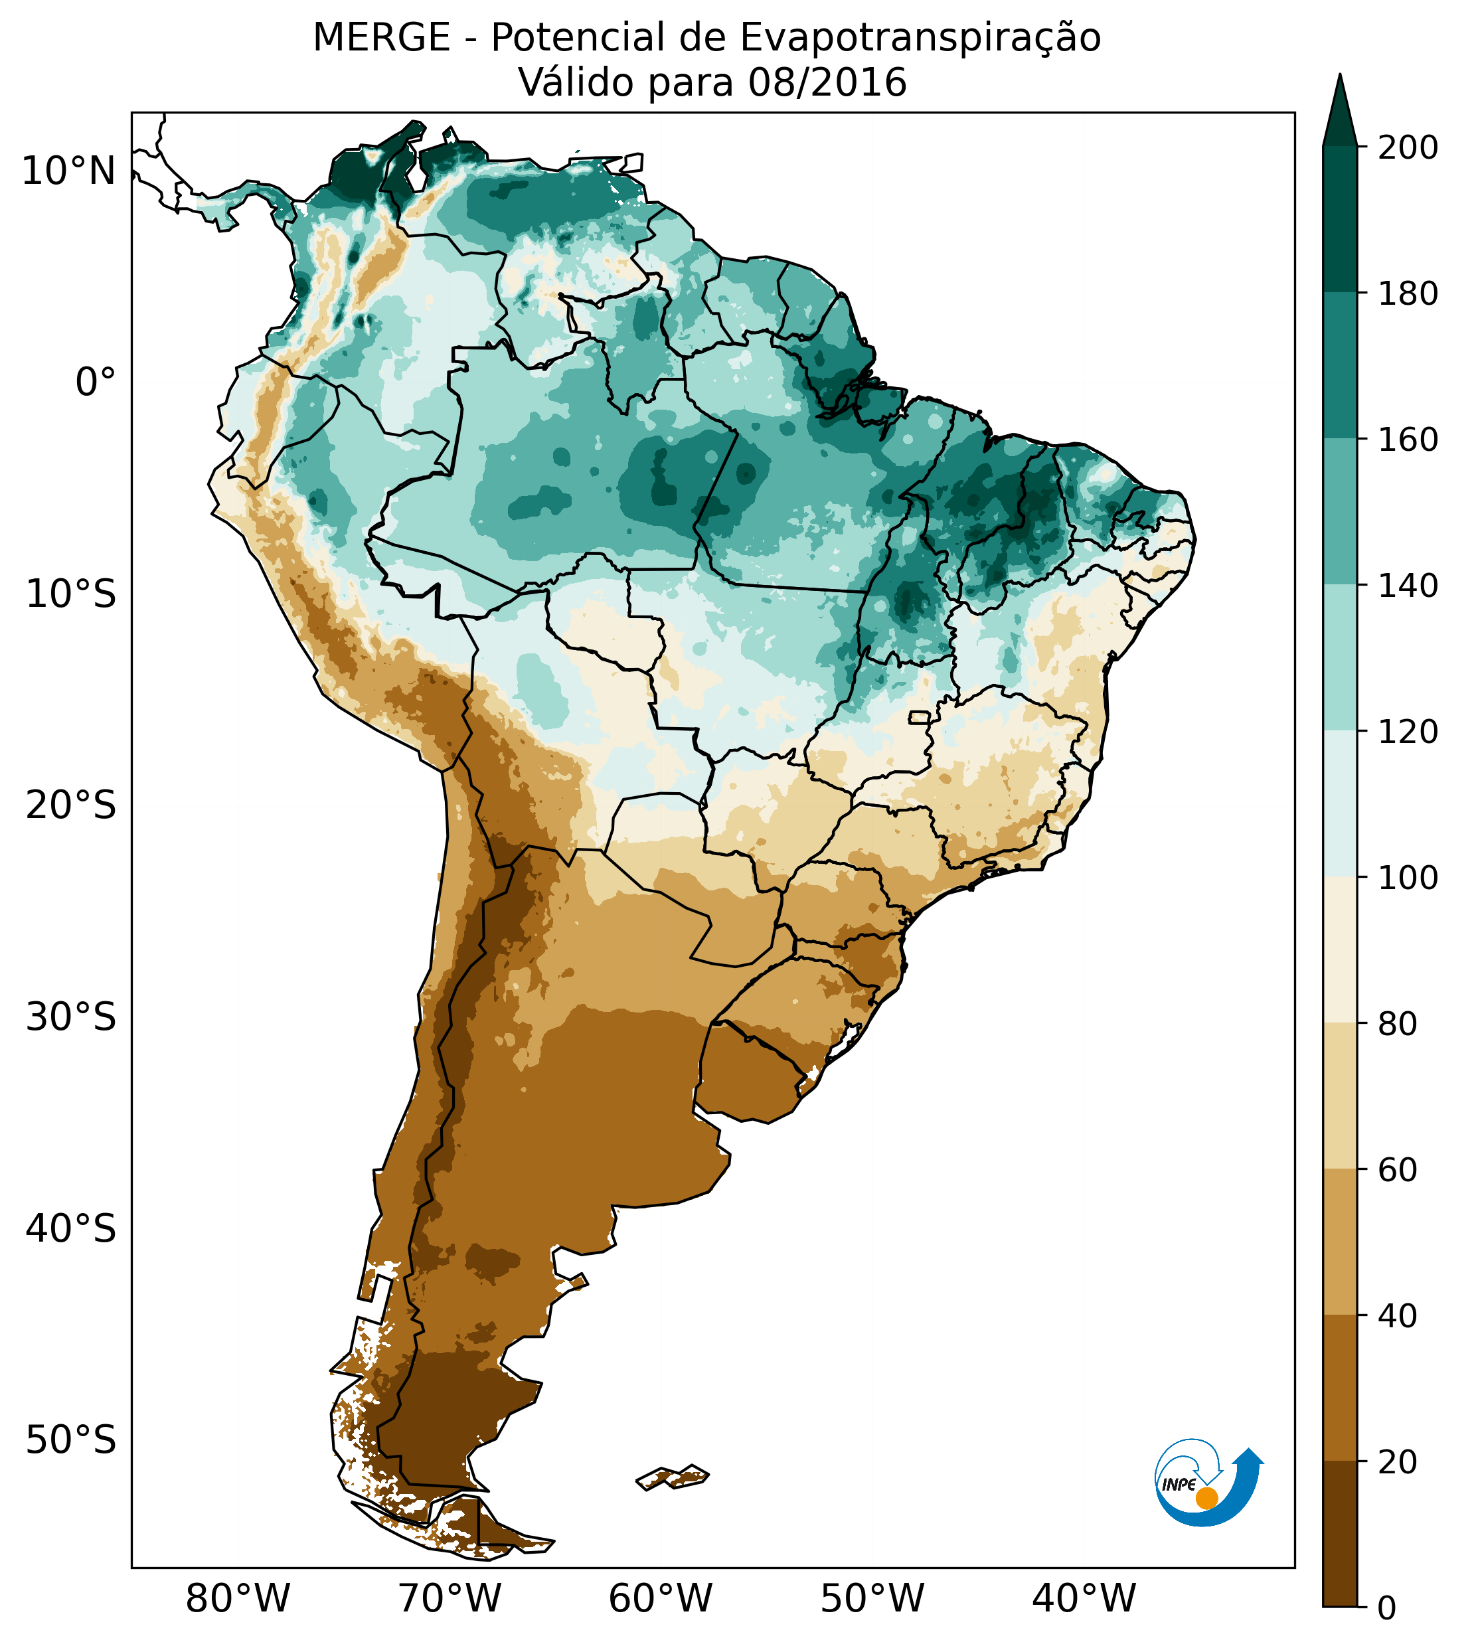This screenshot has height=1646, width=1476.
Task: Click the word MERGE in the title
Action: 381,38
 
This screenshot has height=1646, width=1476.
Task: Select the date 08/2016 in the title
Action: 827,83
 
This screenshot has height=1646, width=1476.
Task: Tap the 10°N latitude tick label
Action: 68,172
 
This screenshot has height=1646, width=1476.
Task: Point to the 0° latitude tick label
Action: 95,382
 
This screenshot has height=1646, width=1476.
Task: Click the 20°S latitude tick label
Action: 71,806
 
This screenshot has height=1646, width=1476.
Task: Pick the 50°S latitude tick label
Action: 71,1441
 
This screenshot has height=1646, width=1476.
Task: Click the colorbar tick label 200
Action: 1408,148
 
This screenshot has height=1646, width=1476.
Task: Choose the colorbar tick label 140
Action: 1408,586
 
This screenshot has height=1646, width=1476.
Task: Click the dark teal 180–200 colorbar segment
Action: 1340,220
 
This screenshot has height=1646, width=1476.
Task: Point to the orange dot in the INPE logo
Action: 1206,1498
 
